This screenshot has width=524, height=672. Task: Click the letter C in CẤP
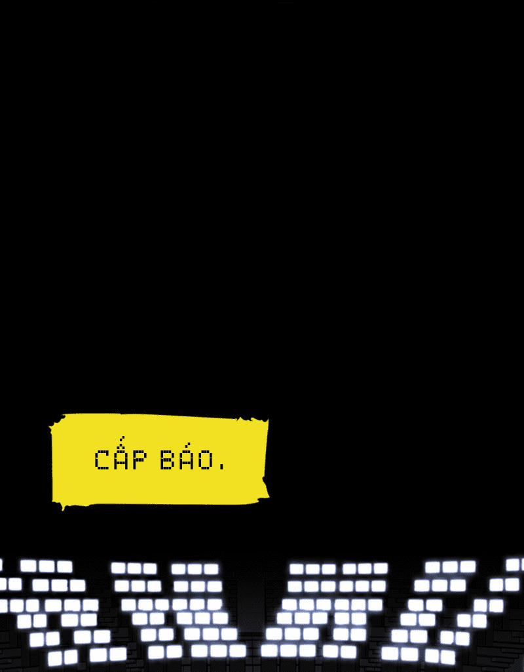click(101, 460)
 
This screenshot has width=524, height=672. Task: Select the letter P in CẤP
click(140, 460)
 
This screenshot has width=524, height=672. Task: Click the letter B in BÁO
click(168, 460)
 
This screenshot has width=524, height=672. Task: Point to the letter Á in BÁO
click(187, 457)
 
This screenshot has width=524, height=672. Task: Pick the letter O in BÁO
click(206, 460)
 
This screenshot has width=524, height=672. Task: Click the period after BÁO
click(221, 467)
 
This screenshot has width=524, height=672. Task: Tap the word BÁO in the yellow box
click(187, 457)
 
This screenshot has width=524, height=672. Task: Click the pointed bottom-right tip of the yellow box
click(268, 497)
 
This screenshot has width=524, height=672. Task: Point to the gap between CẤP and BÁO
click(153, 460)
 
